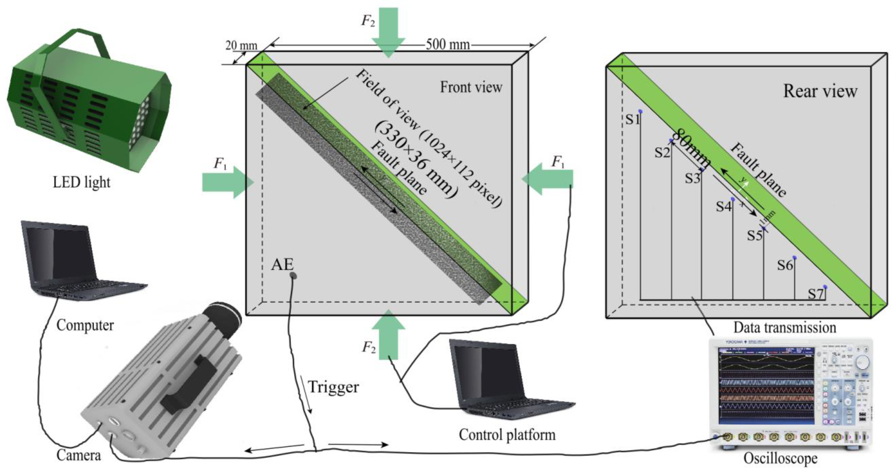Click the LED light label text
click(81, 182)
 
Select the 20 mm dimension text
click(241, 46)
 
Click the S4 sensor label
click(724, 207)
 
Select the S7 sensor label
click(815, 294)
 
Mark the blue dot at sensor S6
click(794, 258)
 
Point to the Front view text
click(471, 87)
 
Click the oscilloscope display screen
click(766, 390)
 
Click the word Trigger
click(333, 387)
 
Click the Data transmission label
click(785, 327)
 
